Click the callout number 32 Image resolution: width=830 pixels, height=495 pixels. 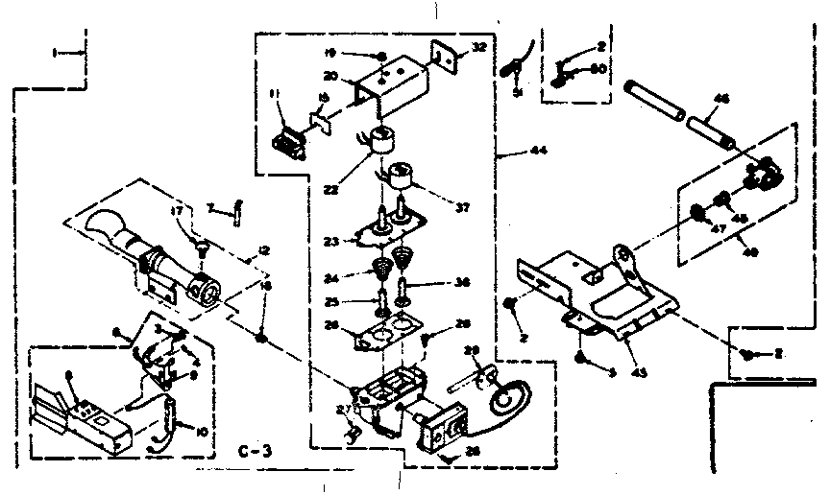pyautogui.click(x=478, y=47)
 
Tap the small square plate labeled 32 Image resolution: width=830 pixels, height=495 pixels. pyautogui.click(x=442, y=58)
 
